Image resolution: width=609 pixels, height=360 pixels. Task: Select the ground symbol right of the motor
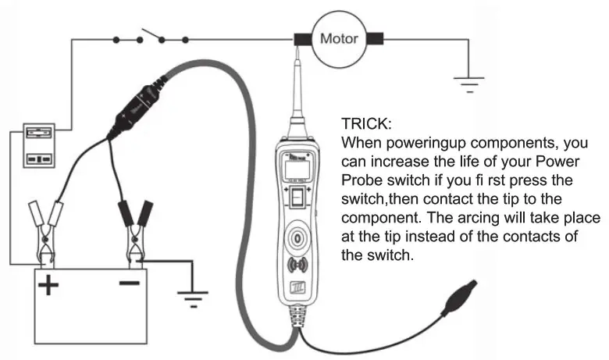(x=470, y=80)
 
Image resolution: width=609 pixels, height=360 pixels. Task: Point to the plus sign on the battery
(x=49, y=286)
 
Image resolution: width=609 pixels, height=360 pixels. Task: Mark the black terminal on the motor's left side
(x=301, y=37)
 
